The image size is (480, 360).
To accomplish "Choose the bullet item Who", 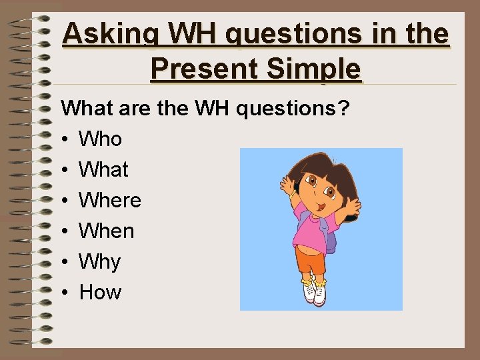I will click(100, 139).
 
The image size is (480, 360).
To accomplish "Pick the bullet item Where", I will click(110, 201).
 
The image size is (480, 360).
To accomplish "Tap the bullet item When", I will click(107, 231).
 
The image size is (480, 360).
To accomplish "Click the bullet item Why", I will click(100, 262).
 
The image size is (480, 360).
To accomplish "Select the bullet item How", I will click(100, 292).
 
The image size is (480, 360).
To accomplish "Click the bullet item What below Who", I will click(103, 170).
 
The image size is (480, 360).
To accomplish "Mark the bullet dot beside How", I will click(65, 293).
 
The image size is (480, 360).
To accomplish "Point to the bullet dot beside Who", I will click(65, 140).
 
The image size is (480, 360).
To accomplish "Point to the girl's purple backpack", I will click(331, 233).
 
